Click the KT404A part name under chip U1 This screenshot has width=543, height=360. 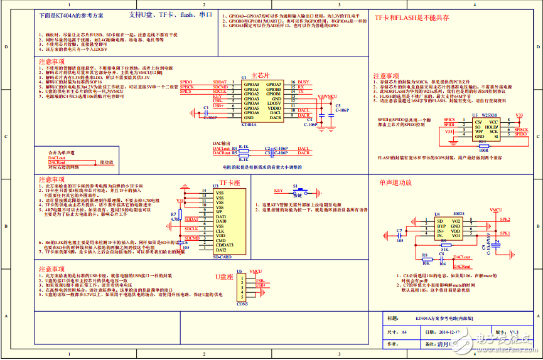(249, 125)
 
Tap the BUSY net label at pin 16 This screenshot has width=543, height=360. (304, 82)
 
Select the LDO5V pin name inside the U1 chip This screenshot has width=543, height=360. (274, 103)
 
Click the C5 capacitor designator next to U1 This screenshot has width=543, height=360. (338, 106)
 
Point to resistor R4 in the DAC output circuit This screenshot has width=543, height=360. (244, 148)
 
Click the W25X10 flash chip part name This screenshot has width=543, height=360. (490, 115)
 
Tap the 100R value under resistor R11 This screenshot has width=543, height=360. (483, 151)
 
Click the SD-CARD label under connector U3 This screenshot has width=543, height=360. (223, 257)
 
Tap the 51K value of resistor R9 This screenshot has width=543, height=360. (444, 249)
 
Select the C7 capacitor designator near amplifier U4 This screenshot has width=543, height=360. (399, 231)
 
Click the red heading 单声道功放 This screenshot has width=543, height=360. (395, 183)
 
